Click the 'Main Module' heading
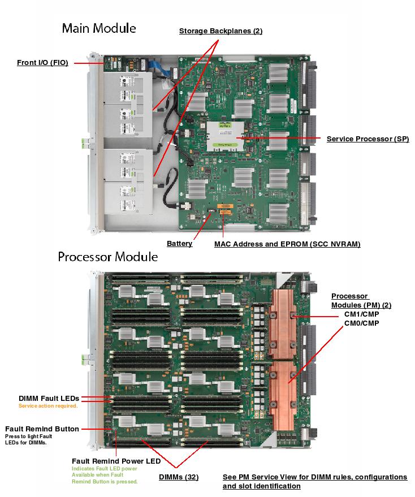tap(99, 28)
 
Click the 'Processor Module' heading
tap(107, 257)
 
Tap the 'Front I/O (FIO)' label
tap(42, 63)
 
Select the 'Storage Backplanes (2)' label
tap(221, 31)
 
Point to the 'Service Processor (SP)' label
tap(368, 139)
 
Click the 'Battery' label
tap(179, 244)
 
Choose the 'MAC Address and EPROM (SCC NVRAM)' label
tap(287, 244)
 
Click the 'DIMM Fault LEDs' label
tap(49, 399)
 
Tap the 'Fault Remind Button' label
tap(42, 429)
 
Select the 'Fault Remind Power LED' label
tap(116, 461)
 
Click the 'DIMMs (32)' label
tap(178, 477)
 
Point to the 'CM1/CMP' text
tap(361, 314)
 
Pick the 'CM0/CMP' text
tap(361, 323)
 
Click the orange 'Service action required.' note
tap(48, 406)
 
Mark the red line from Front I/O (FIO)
tap(88, 63)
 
